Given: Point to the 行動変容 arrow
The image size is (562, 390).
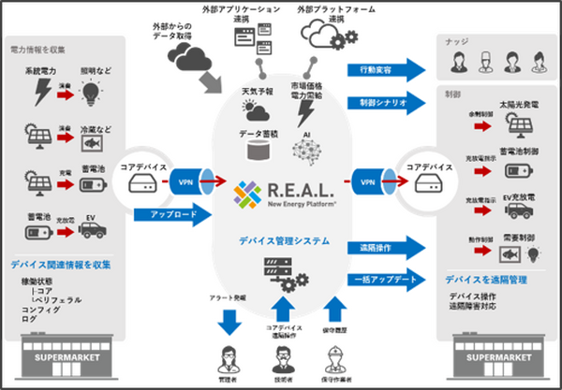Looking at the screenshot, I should [384, 69].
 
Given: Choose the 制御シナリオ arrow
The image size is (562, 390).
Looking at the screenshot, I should [384, 100].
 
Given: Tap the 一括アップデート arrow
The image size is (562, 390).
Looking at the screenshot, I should [384, 280].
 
